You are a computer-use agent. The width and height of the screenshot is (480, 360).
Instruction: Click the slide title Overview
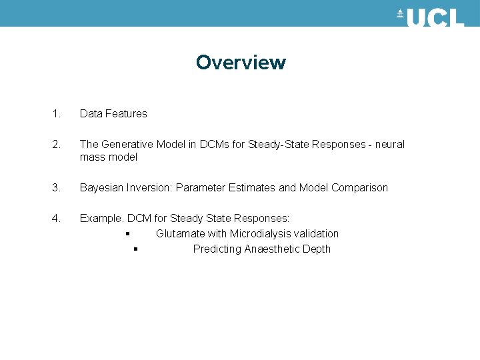(241, 63)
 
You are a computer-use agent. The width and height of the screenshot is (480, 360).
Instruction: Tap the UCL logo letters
(435, 17)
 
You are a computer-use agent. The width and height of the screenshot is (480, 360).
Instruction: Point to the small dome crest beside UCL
(400, 14)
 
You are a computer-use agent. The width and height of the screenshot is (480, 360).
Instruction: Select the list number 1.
(56, 114)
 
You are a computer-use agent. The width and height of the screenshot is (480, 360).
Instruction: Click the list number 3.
(56, 188)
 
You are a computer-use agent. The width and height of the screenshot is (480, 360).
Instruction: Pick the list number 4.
(56, 218)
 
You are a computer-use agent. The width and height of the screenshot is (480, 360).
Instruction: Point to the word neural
(389, 145)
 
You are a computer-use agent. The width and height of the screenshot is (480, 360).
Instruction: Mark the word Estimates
(251, 188)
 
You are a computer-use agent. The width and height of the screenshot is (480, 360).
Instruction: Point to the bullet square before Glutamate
(126, 234)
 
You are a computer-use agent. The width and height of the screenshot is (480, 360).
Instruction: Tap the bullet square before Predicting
(135, 250)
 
